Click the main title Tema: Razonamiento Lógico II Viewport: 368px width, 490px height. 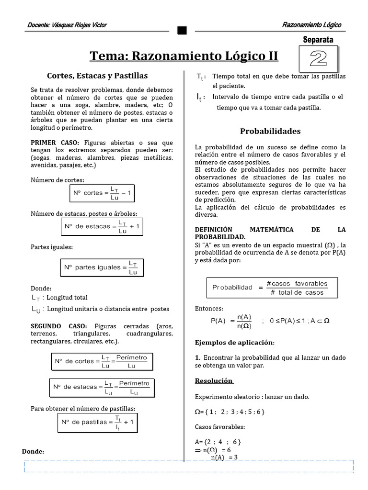(x=184, y=56)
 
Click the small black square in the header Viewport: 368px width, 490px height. (x=182, y=31)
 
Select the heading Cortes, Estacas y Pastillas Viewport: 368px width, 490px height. (x=97, y=76)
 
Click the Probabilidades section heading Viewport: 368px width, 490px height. (x=270, y=131)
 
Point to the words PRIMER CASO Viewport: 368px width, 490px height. (x=56, y=143)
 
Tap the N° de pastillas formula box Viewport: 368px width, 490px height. (x=98, y=423)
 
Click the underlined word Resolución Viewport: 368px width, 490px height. (x=214, y=380)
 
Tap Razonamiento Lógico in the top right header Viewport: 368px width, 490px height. (x=311, y=25)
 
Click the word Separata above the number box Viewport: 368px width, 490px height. (x=318, y=40)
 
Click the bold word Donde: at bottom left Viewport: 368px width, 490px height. (x=33, y=451)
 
